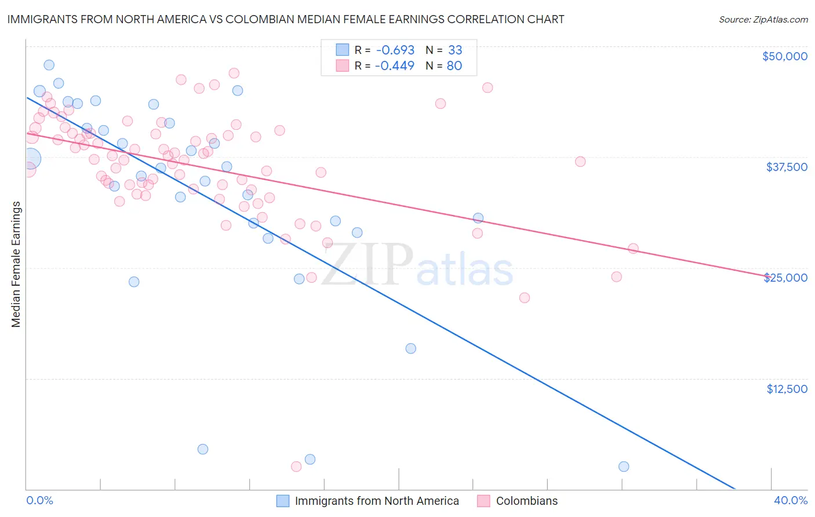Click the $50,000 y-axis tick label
pyautogui.click(x=784, y=56)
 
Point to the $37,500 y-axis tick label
pyautogui.click(x=786, y=167)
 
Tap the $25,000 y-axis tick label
pyautogui.click(x=785, y=278)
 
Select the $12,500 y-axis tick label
pyautogui.click(x=787, y=389)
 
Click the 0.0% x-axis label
pyautogui.click(x=39, y=501)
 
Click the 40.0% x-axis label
pyautogui.click(x=790, y=501)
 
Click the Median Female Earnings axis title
pyautogui.click(x=16, y=264)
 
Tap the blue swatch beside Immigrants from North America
pyautogui.click(x=282, y=501)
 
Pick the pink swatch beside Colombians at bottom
pyautogui.click(x=483, y=501)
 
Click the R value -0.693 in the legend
pyautogui.click(x=395, y=50)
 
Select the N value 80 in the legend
pyautogui.click(x=454, y=65)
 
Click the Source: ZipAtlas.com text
pyautogui.click(x=763, y=19)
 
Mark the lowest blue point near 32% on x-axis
pyautogui.click(x=624, y=467)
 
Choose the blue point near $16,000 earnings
pyautogui.click(x=410, y=348)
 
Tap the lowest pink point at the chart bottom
pyautogui.click(x=296, y=467)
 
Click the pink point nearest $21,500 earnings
pyautogui.click(x=525, y=298)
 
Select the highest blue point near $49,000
pyautogui.click(x=49, y=65)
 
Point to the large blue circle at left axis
pyautogui.click(x=31, y=158)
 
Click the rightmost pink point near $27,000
pyautogui.click(x=633, y=249)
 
